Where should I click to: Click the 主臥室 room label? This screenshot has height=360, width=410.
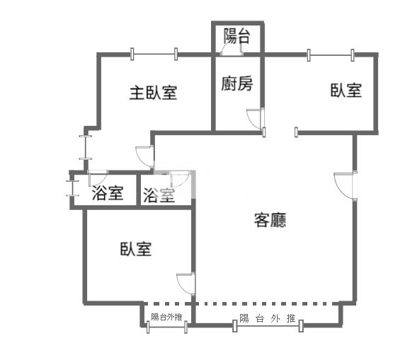153,93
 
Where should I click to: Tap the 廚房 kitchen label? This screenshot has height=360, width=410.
237,84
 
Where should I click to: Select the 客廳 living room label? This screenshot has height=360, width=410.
270,220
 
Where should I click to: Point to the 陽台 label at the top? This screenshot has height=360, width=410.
237,36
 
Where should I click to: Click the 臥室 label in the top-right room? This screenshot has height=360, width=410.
346,91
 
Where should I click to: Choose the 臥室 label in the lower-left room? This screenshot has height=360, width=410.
136,249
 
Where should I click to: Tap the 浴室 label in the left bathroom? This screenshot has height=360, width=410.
108,193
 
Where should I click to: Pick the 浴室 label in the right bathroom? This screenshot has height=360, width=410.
159,195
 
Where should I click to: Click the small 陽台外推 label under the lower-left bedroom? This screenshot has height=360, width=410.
166,317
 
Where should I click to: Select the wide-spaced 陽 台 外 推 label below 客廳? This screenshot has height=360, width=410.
267,318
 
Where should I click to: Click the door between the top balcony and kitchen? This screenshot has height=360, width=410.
231,50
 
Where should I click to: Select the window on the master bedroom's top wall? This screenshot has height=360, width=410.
154,54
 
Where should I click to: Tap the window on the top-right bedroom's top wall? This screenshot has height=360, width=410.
331,55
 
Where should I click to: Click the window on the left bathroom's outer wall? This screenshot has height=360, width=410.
72,188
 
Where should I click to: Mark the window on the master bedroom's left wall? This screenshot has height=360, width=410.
86,148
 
